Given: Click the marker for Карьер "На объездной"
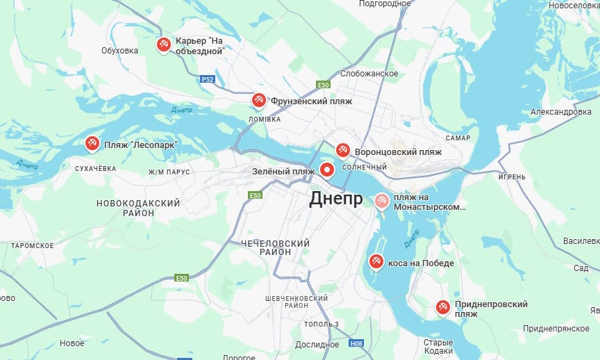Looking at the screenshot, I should [163, 45].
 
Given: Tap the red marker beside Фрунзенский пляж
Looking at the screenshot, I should [258, 100].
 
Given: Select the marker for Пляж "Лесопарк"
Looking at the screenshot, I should [92, 143].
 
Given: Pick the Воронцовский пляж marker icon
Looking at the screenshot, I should [342, 149].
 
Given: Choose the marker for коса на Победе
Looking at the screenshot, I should [376, 261].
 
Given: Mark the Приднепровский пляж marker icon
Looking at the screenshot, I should [442, 306].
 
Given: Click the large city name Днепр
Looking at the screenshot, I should [335, 199].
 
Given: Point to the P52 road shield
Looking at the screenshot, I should [207, 80].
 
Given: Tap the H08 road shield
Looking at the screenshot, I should [356, 343].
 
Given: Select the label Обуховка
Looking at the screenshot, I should [120, 50].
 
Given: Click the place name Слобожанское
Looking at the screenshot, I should [369, 74].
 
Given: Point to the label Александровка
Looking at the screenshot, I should [560, 112].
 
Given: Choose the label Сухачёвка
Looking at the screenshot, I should [95, 168].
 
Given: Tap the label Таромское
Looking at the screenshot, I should [32, 245].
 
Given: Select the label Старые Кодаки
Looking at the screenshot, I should [438, 347].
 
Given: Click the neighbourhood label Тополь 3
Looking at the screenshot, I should [322, 325].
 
